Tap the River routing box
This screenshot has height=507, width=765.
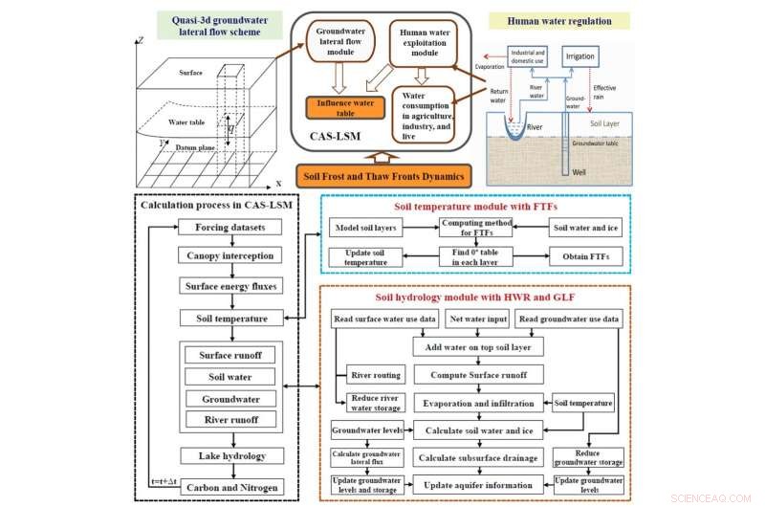[375, 374]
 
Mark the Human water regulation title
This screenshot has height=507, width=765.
[584, 19]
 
